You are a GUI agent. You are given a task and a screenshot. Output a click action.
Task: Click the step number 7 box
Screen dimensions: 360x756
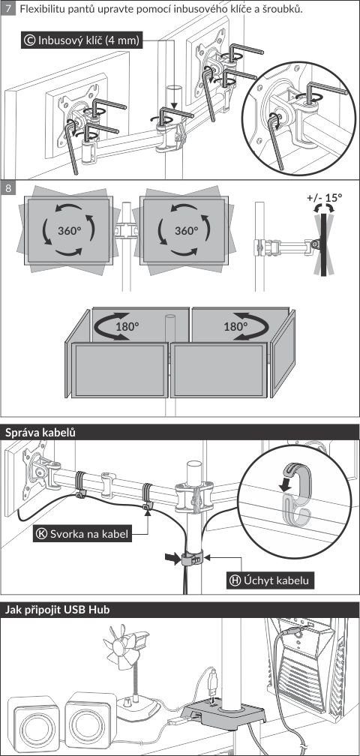(x=8, y=10)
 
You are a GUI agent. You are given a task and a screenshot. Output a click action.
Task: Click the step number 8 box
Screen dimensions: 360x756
(x=8, y=187)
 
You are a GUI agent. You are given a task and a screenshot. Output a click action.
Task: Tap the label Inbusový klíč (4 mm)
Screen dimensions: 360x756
(x=82, y=40)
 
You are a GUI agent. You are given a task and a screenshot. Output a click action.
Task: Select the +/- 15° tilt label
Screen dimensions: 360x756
(x=324, y=197)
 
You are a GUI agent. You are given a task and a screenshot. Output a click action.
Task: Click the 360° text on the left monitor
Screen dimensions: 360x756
(x=70, y=230)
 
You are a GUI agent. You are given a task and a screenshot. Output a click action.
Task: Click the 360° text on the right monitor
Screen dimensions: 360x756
(x=187, y=230)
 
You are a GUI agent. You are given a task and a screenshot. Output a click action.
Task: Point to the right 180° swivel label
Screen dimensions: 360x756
(x=235, y=326)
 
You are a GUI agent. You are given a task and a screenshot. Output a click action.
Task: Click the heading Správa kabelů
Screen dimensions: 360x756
(x=40, y=433)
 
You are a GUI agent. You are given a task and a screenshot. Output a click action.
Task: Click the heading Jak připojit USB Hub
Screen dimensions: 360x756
(x=57, y=610)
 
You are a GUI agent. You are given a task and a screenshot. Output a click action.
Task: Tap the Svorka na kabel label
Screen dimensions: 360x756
(x=83, y=534)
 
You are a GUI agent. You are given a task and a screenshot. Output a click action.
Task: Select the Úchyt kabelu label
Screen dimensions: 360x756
(x=270, y=580)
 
